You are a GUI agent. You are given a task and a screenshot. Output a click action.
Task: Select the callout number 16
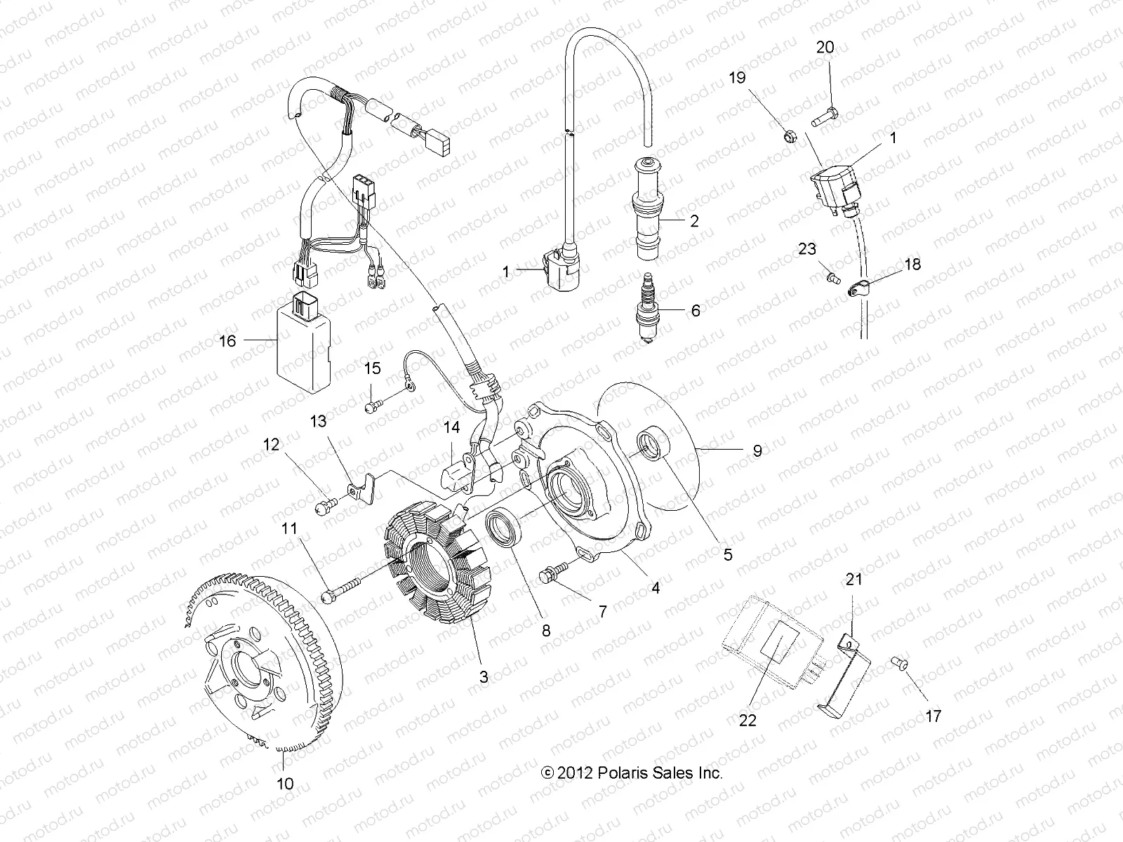point(228,341)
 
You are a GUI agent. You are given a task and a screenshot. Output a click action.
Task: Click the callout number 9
point(757,451)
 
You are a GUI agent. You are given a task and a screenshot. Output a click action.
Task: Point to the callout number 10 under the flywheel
point(285,782)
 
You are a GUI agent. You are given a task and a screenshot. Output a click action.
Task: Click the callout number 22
point(747,720)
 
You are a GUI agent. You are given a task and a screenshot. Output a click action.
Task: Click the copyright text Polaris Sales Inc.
point(632,773)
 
